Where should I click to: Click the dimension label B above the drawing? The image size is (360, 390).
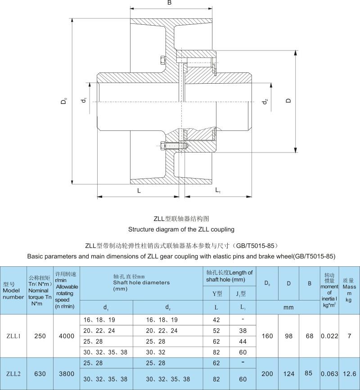[169, 3]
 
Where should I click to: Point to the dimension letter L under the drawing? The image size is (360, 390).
[139, 191]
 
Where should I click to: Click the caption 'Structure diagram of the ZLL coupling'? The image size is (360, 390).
[181, 229]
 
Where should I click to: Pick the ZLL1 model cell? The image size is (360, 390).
[13, 336]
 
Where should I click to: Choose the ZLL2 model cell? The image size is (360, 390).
[13, 373]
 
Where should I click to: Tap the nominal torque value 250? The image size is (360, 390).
[40, 336]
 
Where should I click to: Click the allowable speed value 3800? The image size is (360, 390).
[66, 373]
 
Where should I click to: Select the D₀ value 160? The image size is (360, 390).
[267, 336]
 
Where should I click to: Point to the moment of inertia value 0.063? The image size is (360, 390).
[329, 373]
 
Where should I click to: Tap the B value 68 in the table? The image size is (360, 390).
[310, 336]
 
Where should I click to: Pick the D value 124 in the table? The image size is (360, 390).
[288, 373]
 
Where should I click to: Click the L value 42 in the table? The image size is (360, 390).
[216, 320]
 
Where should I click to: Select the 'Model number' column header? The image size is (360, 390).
[13, 291]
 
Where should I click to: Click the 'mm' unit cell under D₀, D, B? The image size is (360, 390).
[288, 307]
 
